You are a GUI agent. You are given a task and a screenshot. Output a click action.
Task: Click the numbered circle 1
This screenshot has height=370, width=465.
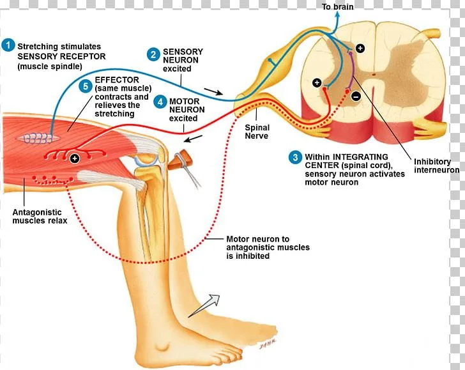[x=8, y=45]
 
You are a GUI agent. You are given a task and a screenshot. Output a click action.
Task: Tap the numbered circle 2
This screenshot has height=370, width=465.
[x=153, y=55]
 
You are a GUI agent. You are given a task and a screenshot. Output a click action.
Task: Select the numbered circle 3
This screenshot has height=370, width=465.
[x=295, y=157]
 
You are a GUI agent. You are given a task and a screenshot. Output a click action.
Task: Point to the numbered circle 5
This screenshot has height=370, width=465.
[x=86, y=86]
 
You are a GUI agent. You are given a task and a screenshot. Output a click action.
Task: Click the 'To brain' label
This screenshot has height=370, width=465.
[x=337, y=6]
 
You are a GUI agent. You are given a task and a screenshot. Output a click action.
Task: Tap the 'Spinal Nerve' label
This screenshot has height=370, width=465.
[x=257, y=132]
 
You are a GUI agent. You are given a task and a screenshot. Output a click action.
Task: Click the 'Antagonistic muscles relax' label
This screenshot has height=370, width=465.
[x=40, y=217]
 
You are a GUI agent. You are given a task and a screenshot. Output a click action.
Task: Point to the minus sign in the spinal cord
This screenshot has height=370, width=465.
[x=355, y=96]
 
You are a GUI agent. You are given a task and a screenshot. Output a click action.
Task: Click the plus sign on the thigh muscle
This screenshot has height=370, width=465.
[x=75, y=158]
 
